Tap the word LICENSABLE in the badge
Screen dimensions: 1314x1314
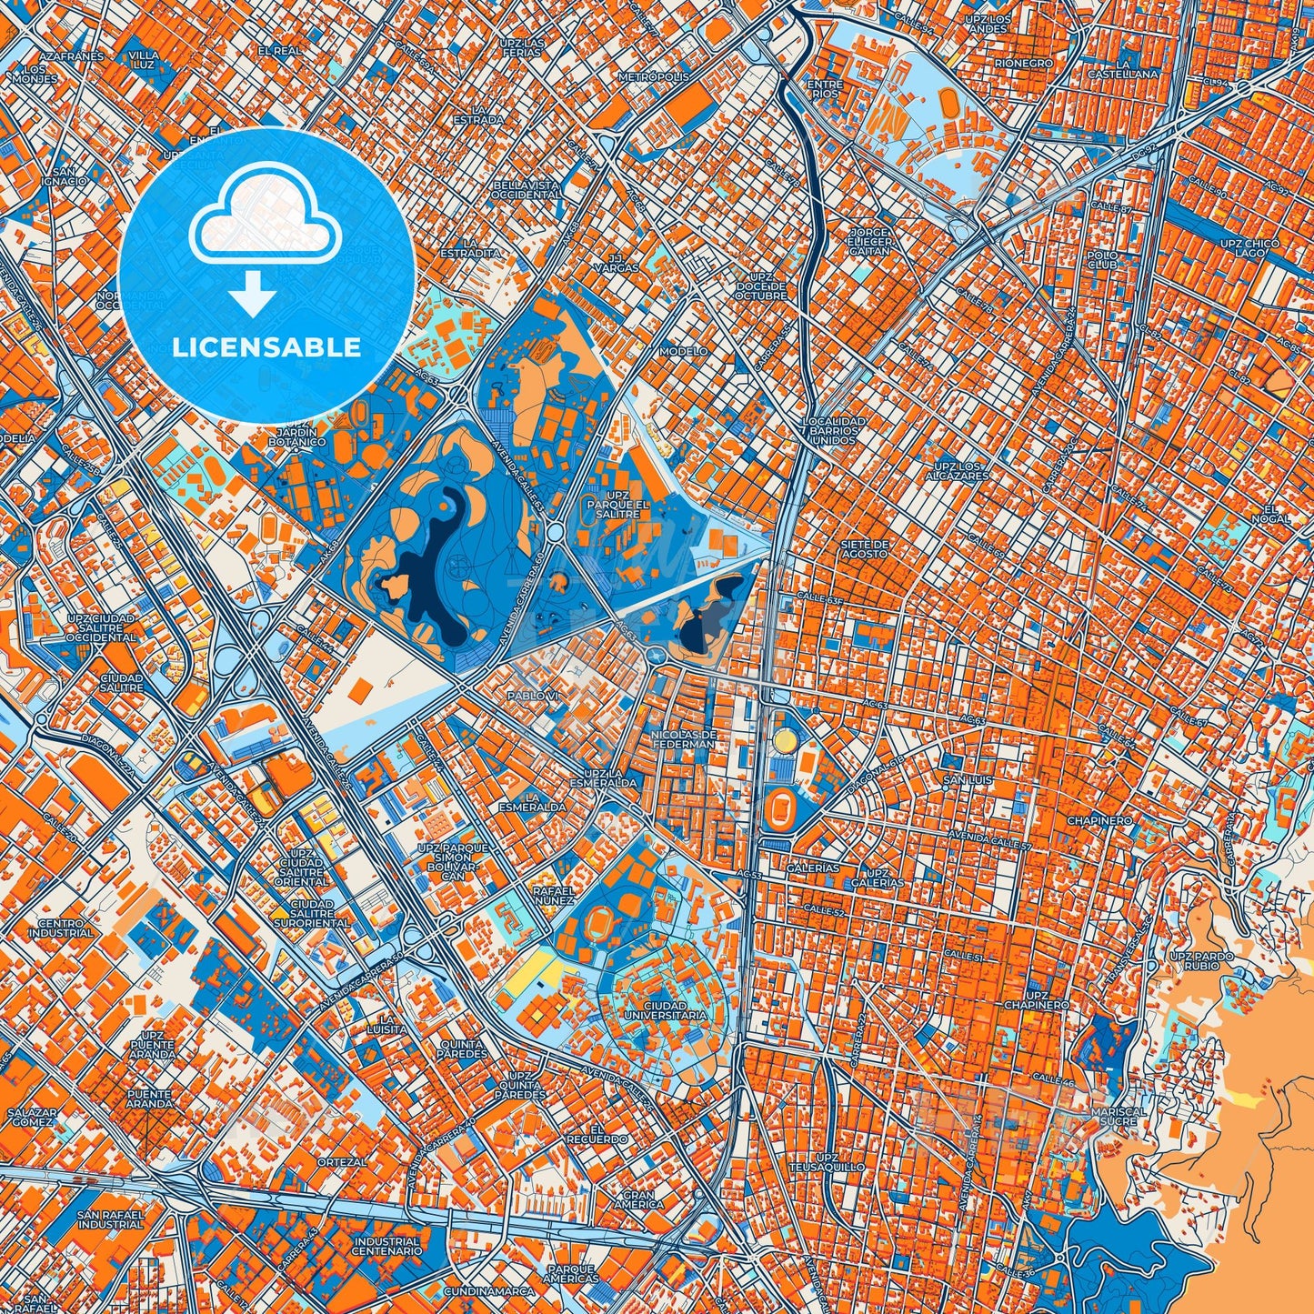(x=267, y=346)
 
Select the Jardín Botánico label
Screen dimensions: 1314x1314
(x=296, y=437)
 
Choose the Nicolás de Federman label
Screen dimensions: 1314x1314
(x=685, y=738)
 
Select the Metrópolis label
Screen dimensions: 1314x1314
(x=654, y=77)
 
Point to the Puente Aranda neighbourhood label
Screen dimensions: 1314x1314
(x=149, y=1098)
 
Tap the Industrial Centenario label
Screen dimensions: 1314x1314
(x=387, y=1246)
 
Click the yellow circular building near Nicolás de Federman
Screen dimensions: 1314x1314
(x=783, y=742)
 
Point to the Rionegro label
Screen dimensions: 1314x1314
(x=1024, y=64)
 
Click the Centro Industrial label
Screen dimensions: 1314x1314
(x=65, y=928)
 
